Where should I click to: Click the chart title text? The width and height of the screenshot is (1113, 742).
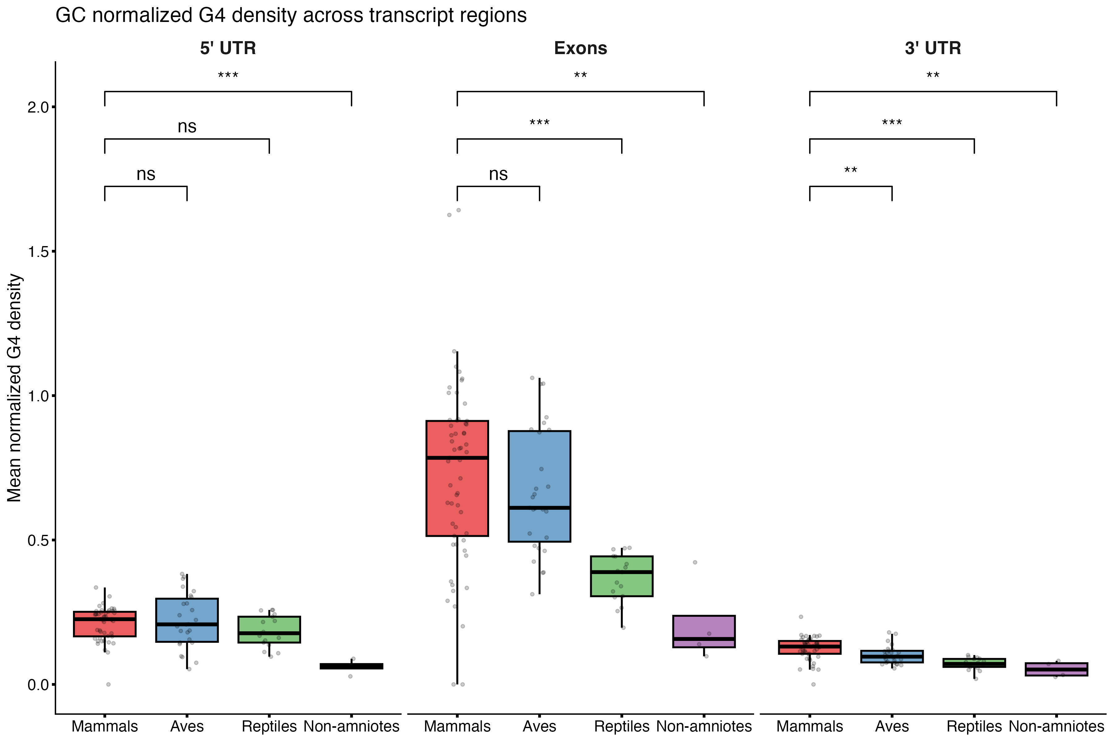click(x=291, y=16)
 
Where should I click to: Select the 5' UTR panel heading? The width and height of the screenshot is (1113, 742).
click(x=228, y=48)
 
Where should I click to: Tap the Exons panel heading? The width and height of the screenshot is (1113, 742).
click(x=580, y=48)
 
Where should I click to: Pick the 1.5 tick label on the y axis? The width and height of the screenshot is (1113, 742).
click(x=39, y=252)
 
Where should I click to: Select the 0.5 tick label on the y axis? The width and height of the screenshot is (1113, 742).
click(x=39, y=540)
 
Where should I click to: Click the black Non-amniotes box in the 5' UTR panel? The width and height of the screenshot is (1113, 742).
click(x=351, y=666)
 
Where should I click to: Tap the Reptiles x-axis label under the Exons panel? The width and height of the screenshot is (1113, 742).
click(x=621, y=726)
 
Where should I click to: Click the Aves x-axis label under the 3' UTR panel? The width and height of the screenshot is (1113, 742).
click(x=892, y=726)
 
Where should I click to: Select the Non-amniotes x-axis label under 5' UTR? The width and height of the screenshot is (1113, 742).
click(x=351, y=726)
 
